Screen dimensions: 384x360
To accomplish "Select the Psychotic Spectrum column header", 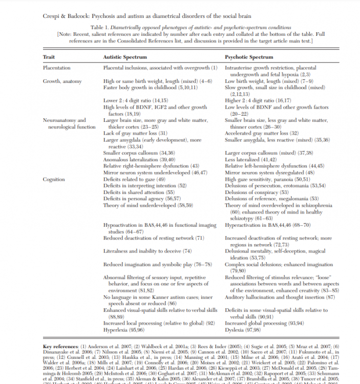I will (x=249, y=57).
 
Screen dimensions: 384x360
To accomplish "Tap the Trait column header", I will (x=49, y=57).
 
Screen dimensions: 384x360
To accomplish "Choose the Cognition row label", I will (x=54, y=180).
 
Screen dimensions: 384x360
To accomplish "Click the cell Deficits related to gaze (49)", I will (x=135, y=180).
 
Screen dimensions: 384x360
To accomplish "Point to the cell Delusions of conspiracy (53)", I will (x=255, y=192).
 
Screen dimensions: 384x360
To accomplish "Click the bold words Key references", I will (x=61, y=347).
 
